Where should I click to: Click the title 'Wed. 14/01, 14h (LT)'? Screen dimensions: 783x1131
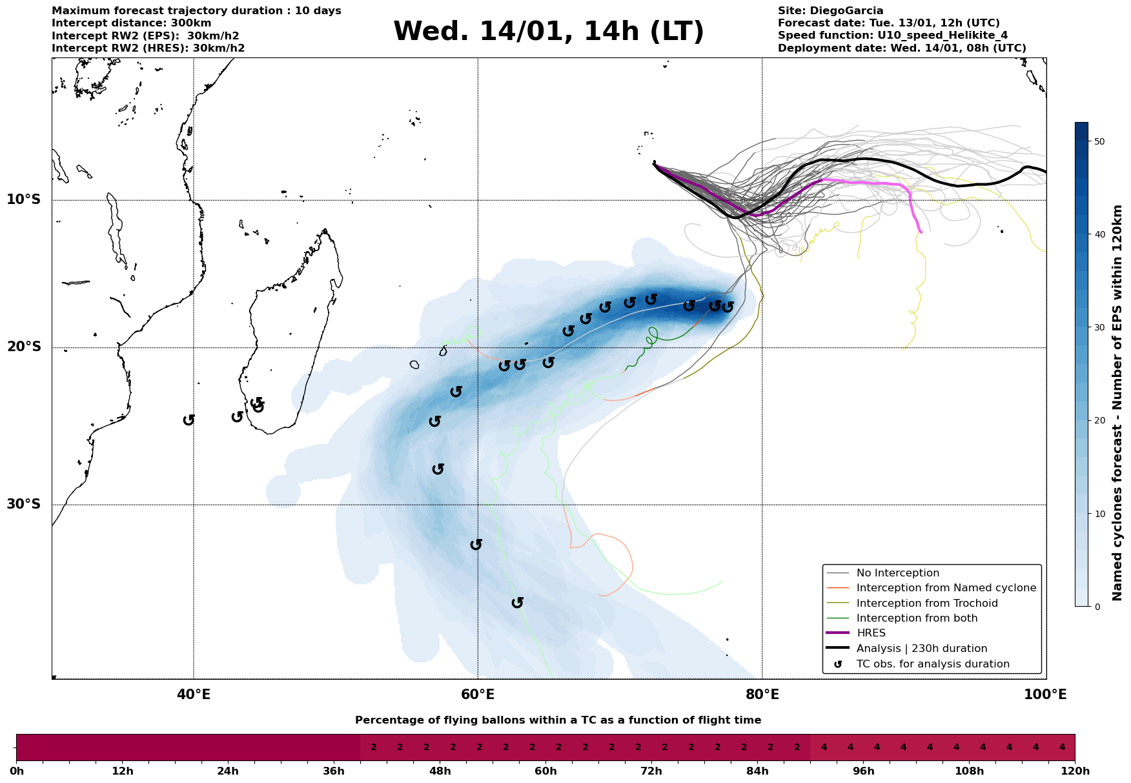548,32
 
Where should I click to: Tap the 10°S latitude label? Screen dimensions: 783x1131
24,199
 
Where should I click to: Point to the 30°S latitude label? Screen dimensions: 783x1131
24,504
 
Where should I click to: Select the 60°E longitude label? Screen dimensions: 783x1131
478,695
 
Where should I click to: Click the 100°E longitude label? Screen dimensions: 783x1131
1045,695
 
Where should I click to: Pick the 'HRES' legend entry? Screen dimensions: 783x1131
871,633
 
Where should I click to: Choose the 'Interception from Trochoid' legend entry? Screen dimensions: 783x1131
927,604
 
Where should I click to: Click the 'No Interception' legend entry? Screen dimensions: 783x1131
898,573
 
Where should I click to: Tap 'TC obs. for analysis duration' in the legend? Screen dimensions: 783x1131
933,664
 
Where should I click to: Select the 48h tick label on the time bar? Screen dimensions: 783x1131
440,771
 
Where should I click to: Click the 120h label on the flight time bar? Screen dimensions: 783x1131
1075,771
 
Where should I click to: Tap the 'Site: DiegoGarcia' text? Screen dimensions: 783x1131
830,11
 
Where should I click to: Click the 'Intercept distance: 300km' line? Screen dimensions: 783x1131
131,23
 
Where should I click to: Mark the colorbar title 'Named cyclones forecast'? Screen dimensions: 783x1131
1117,403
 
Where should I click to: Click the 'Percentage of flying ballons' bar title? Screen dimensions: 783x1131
558,720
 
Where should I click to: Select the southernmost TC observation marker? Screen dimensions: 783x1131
517,603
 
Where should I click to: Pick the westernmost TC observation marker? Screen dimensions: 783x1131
188,420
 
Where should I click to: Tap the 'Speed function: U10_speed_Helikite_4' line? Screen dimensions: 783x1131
892,36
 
